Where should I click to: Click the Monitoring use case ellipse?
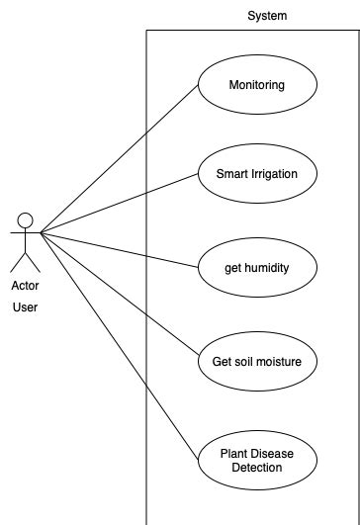click(x=256, y=84)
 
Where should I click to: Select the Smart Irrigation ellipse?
click(x=256, y=174)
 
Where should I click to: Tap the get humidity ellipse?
click(x=256, y=267)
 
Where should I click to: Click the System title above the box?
click(x=267, y=16)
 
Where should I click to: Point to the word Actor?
click(x=26, y=286)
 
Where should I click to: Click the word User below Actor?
click(x=26, y=307)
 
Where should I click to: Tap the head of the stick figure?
click(x=27, y=219)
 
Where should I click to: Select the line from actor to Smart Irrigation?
click(x=119, y=205)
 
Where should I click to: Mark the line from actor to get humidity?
click(x=119, y=250)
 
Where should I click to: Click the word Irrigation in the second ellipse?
click(x=278, y=174)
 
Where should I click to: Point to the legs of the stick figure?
click(x=27, y=261)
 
